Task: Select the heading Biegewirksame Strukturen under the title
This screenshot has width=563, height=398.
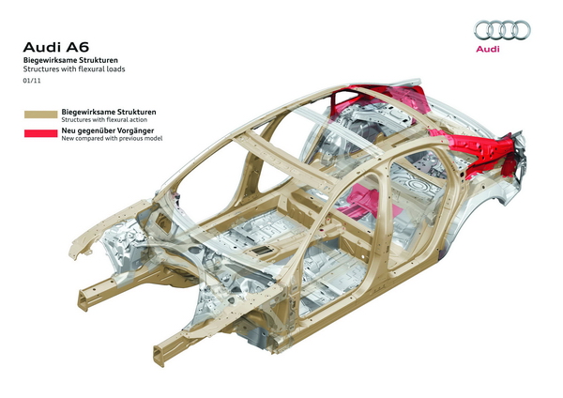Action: click(70, 60)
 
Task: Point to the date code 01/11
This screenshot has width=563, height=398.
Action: click(32, 82)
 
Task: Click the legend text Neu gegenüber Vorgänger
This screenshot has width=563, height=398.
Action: click(108, 130)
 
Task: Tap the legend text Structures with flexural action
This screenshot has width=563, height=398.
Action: click(109, 119)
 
